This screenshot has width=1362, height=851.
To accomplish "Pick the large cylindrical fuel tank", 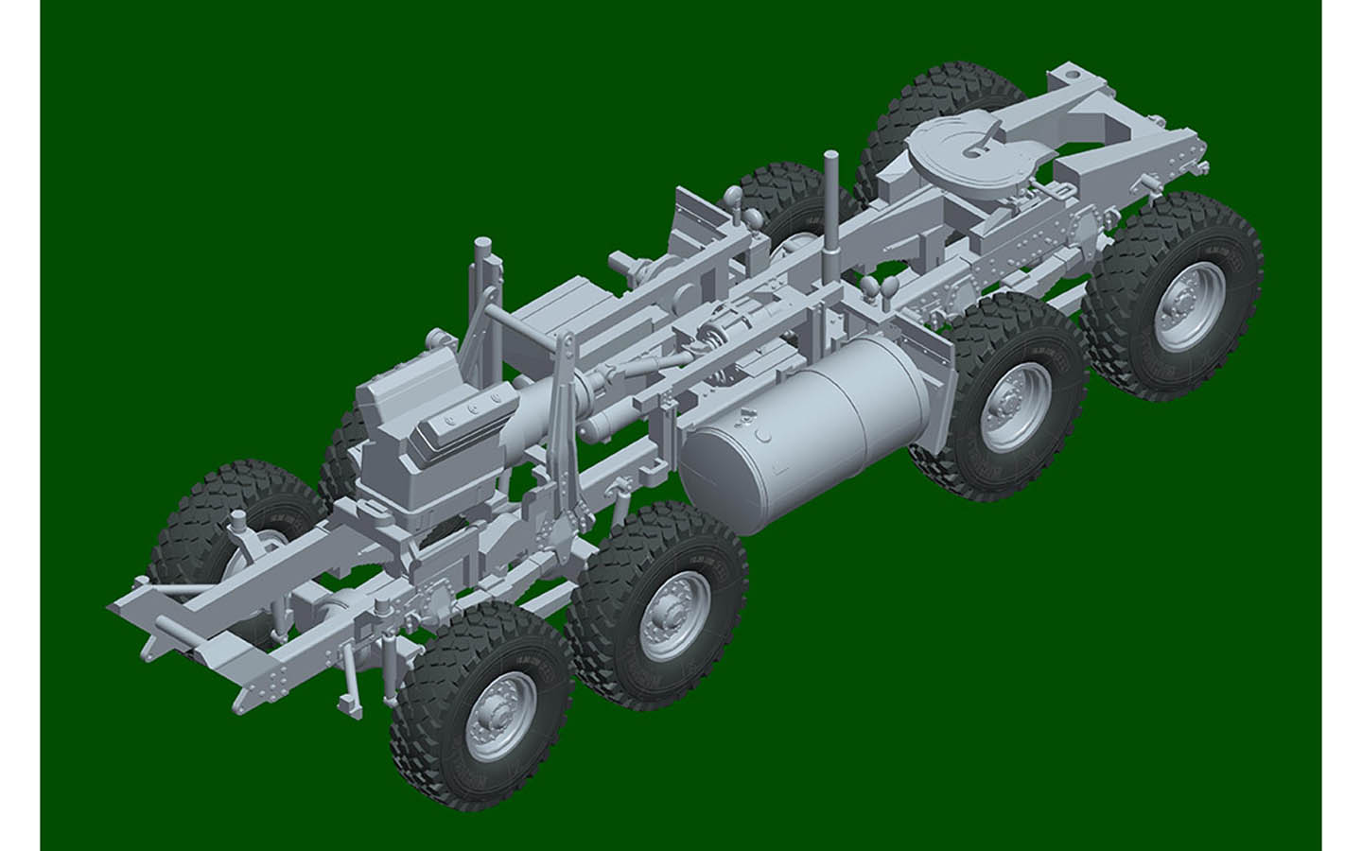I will pos(809,430).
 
